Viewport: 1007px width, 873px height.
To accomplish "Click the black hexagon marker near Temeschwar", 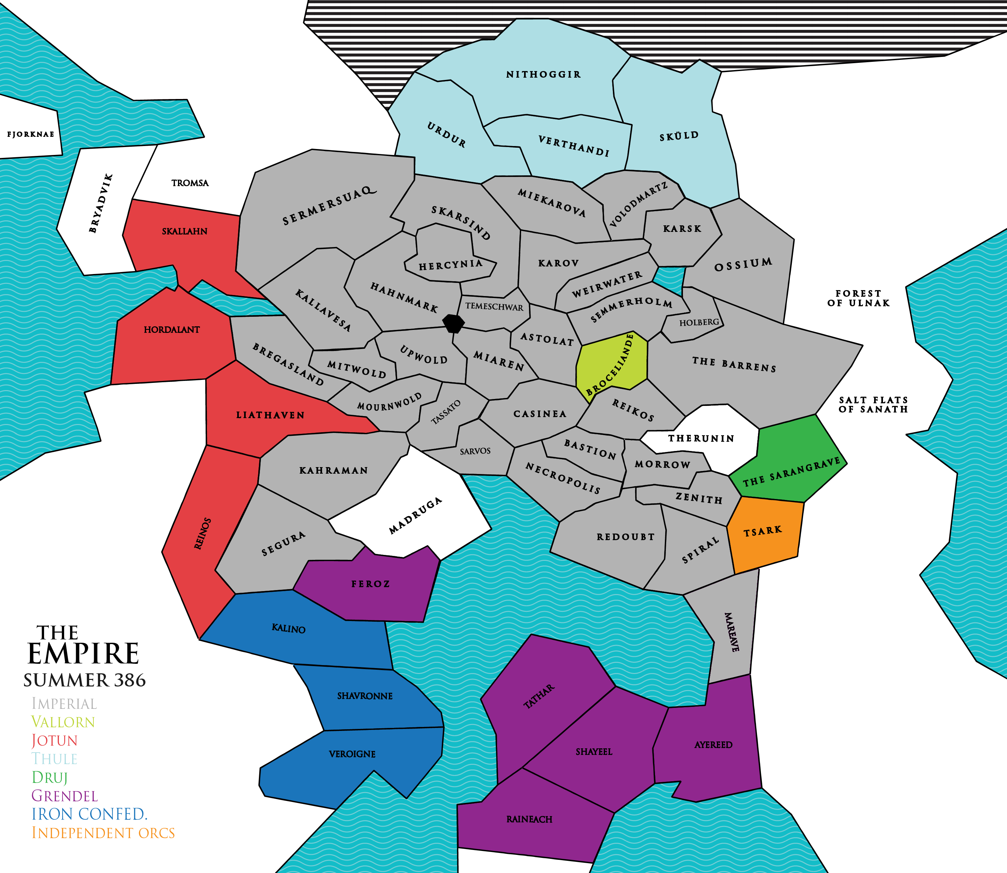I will [x=453, y=323].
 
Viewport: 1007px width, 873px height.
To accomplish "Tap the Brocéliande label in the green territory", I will [x=611, y=364].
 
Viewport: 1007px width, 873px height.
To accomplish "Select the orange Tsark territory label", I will [x=763, y=531].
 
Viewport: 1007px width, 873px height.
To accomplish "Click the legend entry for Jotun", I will [x=55, y=740].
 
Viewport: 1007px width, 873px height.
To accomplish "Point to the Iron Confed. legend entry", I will [x=89, y=814].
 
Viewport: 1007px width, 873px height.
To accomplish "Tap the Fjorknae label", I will [x=30, y=135].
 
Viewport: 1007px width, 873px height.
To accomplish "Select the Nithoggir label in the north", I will [x=543, y=75].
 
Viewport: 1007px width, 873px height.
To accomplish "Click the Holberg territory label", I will [x=699, y=322].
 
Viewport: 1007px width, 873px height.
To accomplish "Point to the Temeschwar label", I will [x=494, y=307].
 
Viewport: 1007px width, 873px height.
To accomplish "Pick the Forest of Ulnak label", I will [x=858, y=298].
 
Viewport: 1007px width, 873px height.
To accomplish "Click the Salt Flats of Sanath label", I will [x=873, y=405].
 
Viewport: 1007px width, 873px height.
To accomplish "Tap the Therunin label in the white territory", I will [x=701, y=438].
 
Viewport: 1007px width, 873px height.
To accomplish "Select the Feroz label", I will [x=370, y=584].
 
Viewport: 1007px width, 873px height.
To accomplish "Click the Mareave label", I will [x=732, y=632].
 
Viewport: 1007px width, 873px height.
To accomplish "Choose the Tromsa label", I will [x=189, y=183].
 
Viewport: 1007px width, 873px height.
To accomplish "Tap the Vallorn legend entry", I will [x=63, y=722].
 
